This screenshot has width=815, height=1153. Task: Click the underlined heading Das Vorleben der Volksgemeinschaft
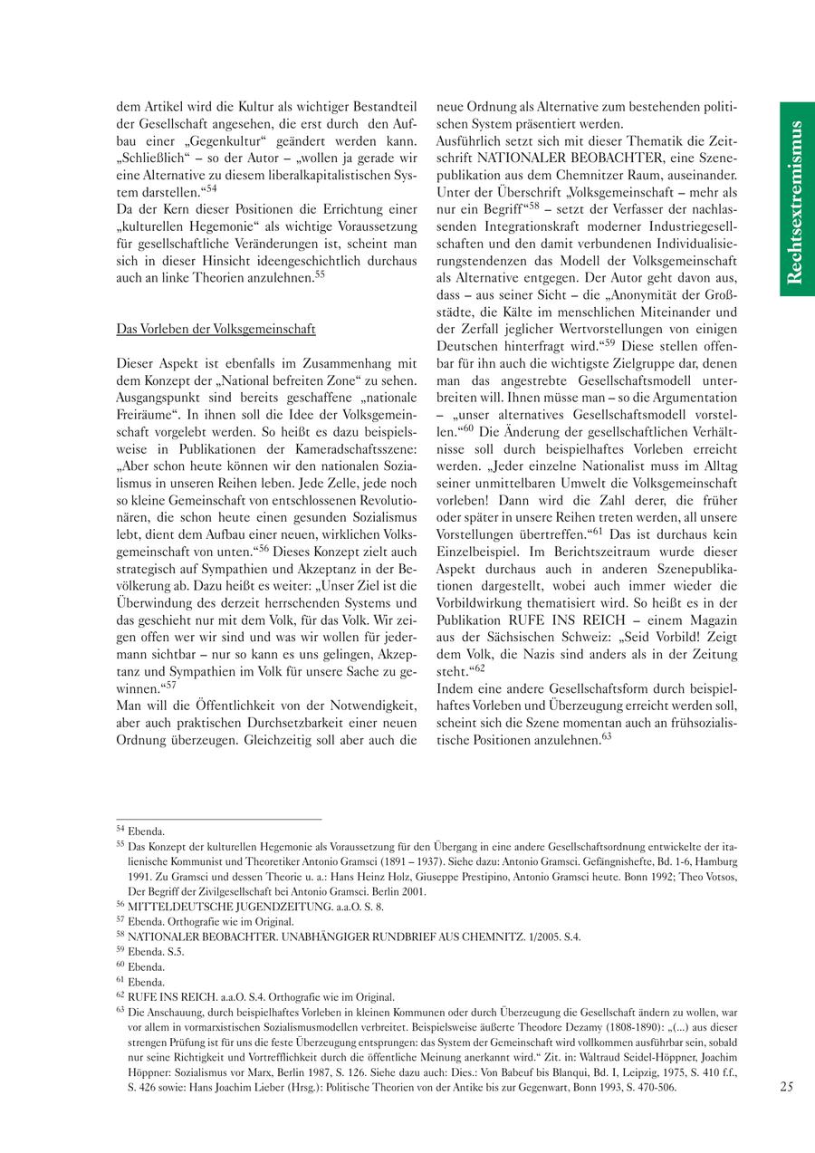[216, 329]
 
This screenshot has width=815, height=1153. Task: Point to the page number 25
[786, 1087]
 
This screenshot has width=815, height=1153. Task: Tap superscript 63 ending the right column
[607, 737]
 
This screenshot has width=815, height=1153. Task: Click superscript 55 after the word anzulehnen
[320, 274]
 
